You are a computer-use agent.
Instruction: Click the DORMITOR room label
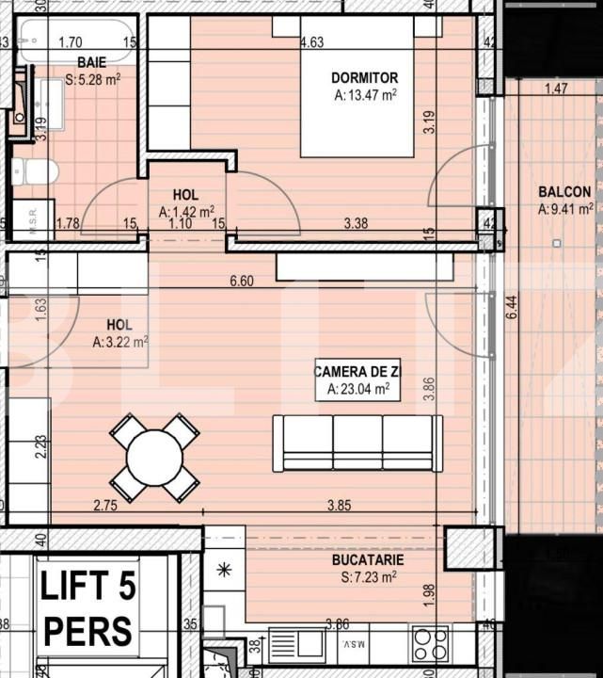tap(364, 78)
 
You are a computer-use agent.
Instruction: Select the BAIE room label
tap(91, 62)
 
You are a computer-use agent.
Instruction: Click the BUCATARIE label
tap(368, 559)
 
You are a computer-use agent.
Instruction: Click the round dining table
tap(154, 458)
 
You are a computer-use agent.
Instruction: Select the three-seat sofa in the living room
tap(357, 443)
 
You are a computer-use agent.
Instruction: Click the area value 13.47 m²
tap(365, 95)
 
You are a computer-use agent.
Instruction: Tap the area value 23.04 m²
tap(357, 389)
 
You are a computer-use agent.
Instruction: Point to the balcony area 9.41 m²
tap(565, 209)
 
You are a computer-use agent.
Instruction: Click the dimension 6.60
tap(243, 281)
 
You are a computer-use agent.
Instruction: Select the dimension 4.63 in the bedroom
tap(311, 42)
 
